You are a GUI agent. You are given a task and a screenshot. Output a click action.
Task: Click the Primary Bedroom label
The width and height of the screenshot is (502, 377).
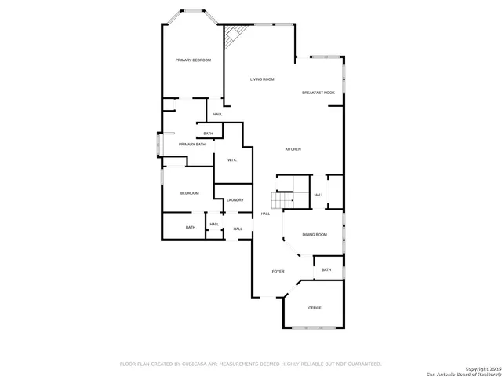[193, 60]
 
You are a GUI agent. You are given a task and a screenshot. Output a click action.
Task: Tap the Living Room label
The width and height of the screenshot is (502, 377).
[262, 79]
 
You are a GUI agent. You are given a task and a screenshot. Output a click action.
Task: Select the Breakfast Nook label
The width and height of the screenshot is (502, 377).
[318, 93]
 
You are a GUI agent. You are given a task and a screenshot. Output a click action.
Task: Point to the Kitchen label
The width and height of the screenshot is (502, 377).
[293, 149]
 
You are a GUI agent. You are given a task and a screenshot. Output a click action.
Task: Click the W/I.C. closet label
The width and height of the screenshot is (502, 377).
[232, 160]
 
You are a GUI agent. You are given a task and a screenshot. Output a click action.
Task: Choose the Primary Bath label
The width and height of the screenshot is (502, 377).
[192, 145]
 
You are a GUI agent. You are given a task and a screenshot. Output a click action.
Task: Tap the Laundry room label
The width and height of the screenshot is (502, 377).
[235, 200]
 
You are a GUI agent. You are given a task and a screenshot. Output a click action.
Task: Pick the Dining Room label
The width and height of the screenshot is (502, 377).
[315, 235]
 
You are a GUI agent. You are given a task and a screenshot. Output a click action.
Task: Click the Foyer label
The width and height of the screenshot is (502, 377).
[278, 271]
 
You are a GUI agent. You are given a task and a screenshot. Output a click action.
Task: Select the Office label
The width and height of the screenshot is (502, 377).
[315, 308]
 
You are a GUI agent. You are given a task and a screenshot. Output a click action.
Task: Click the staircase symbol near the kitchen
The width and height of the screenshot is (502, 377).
[283, 200]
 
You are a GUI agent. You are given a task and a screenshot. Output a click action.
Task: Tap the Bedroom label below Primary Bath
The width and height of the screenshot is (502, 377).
[190, 193]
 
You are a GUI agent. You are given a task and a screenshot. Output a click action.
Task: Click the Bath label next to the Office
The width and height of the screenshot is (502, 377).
[326, 269]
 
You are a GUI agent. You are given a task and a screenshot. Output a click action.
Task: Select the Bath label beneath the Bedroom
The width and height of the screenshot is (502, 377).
[191, 228]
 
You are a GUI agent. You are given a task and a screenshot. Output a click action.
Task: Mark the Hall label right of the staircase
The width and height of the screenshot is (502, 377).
[318, 195]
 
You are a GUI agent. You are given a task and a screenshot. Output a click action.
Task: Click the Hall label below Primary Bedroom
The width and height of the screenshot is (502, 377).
[217, 115]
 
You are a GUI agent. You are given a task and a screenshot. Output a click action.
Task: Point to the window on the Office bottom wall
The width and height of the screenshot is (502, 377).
[314, 327]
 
